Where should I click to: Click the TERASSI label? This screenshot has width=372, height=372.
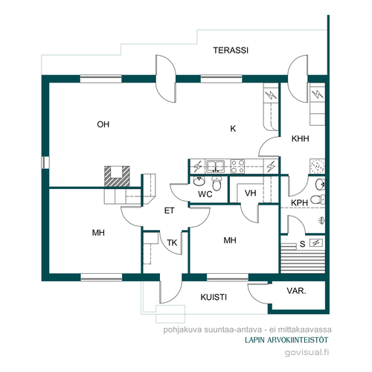click(x=231, y=51)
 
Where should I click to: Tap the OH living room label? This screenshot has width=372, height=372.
click(x=103, y=124)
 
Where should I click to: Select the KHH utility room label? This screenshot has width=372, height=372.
click(x=300, y=138)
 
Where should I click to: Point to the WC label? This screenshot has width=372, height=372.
click(x=205, y=194)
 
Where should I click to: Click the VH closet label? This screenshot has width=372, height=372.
click(x=250, y=193)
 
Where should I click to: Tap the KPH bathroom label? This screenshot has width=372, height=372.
click(x=299, y=203)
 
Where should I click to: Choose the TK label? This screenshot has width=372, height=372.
click(x=172, y=243)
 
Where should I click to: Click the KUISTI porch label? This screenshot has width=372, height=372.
click(x=214, y=297)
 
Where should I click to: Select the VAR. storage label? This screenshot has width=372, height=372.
click(x=296, y=291)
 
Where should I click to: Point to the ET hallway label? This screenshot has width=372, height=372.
click(x=170, y=211)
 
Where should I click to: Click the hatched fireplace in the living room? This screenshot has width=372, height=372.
click(x=117, y=176)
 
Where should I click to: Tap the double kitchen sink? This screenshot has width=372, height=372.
click(x=216, y=166)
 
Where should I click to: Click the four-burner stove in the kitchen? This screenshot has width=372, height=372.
click(x=237, y=166)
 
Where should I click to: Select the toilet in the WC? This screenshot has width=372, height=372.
click(x=217, y=183)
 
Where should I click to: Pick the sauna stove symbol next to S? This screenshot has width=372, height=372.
click(x=316, y=243)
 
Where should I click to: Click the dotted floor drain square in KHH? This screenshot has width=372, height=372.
click(x=317, y=166)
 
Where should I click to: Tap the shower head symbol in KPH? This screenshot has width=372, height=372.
click(x=321, y=220)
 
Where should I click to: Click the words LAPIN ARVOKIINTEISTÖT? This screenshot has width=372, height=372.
click(x=286, y=340)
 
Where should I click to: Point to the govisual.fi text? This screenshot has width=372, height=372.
click(x=307, y=353)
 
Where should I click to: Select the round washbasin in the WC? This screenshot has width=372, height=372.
click(x=199, y=181)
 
